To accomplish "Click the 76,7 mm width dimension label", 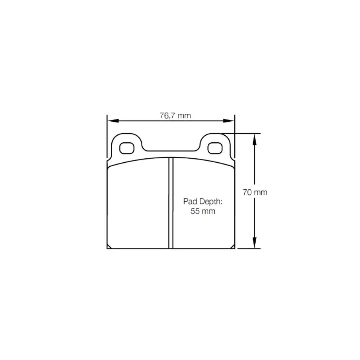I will [x=175, y=116].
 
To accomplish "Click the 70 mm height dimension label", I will [x=255, y=192].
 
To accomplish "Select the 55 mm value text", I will [x=203, y=211].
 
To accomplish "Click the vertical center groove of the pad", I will [x=171, y=203].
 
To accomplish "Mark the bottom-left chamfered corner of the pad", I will [x=109, y=247].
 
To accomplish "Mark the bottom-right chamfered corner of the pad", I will [x=233, y=247].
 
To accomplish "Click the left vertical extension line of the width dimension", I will [x=107, y=137].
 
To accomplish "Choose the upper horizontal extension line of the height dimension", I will [x=241, y=134].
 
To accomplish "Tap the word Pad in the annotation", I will [x=189, y=201].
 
